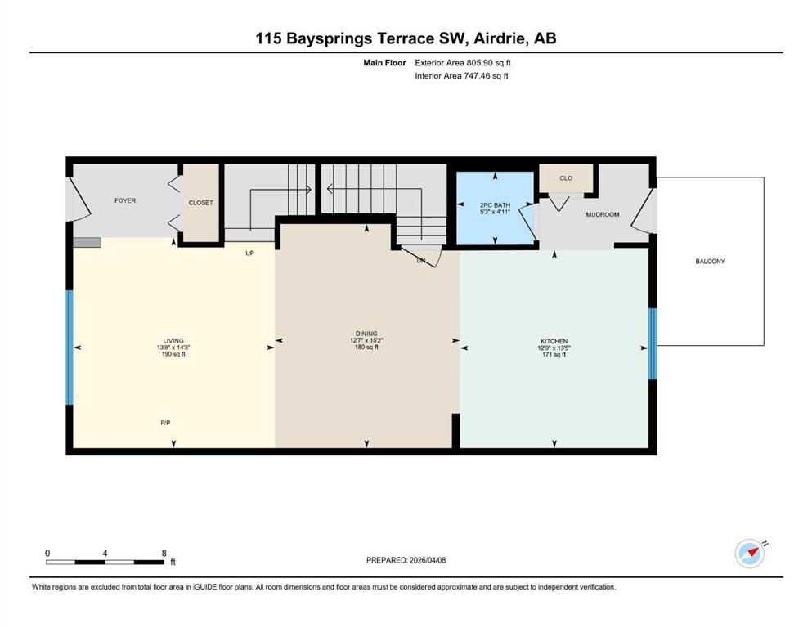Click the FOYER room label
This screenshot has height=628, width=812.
(125, 200)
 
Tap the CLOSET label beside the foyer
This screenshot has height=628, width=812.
(201, 203)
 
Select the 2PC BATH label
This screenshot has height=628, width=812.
(495, 205)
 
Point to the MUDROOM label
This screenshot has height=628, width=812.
(603, 214)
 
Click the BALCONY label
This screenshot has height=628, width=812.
(710, 262)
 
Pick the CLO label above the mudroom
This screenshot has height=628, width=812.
(566, 178)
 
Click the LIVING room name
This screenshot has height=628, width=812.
(173, 341)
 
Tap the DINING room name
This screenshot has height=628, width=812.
(366, 334)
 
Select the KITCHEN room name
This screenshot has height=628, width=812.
(554, 341)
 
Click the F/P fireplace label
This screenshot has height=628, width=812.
(165, 423)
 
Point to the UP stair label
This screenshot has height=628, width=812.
(249, 253)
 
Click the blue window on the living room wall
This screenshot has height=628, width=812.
(70, 348)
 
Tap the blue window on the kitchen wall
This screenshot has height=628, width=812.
(653, 343)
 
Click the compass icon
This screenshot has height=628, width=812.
(750, 554)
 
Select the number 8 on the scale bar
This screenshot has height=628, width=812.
(164, 553)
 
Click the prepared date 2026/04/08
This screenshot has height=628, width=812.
(428, 560)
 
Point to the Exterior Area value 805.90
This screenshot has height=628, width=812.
(478, 63)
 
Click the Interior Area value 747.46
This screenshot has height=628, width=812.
(476, 75)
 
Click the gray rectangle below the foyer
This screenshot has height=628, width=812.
(87, 242)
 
